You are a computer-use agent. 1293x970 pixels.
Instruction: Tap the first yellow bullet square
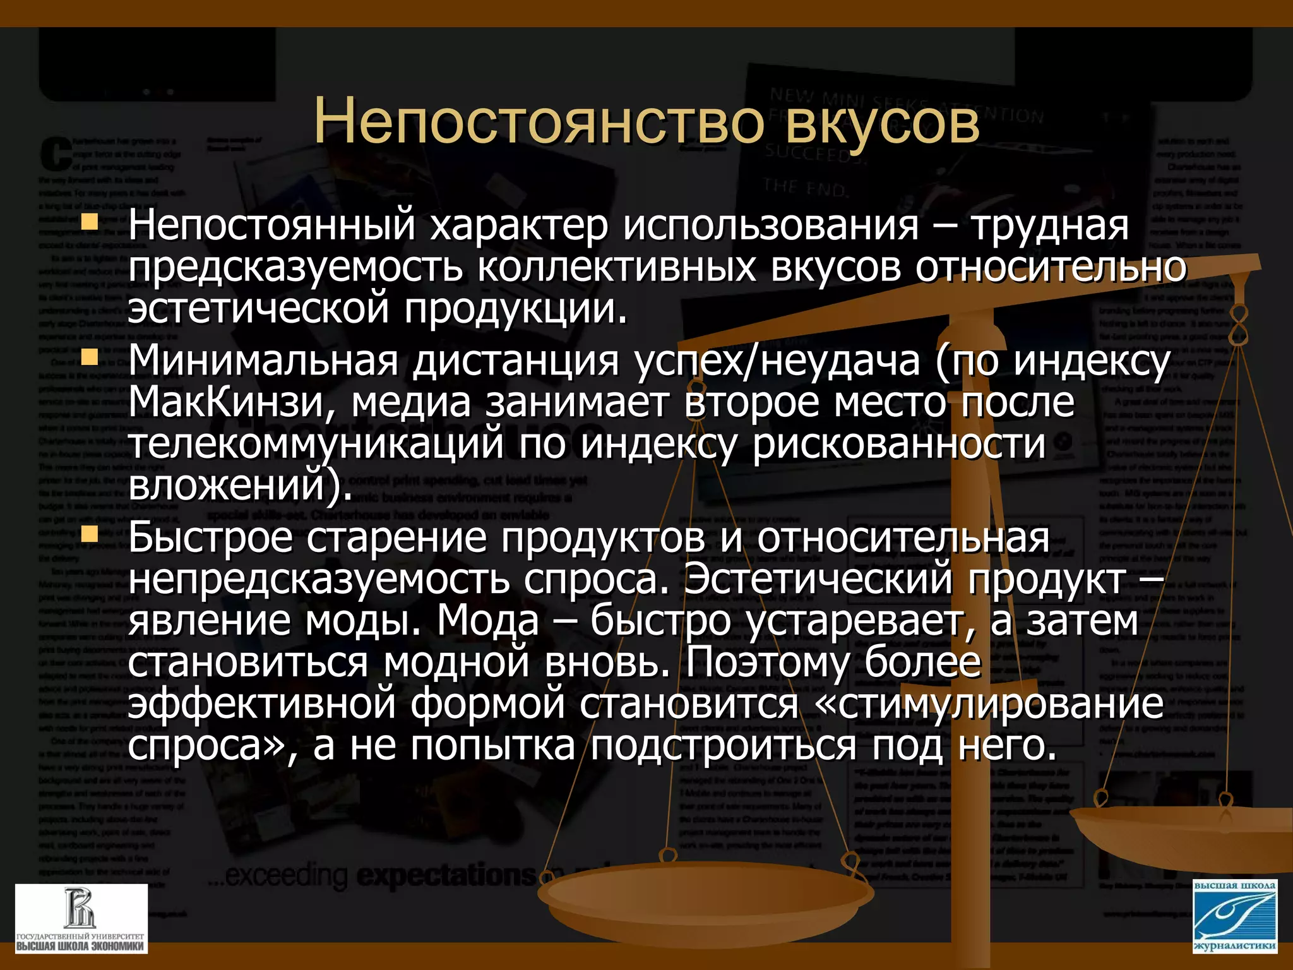point(91,222)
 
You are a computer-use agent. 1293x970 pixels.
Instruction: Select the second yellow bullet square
point(91,358)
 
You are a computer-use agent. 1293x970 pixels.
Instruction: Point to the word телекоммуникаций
point(316,444)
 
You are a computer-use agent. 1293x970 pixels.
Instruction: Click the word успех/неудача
point(777,361)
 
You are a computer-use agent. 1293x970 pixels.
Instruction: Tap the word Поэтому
point(767,662)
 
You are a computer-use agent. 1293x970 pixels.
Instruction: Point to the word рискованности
point(899,444)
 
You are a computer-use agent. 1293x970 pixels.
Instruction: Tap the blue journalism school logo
point(1235,916)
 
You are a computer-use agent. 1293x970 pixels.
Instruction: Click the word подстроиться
point(724,746)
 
